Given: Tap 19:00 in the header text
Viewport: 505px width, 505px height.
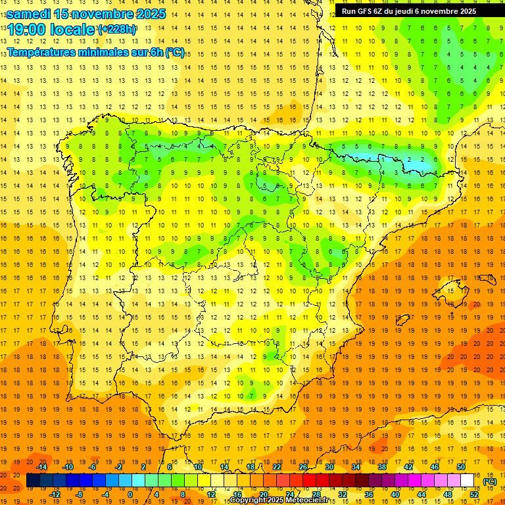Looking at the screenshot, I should click(30, 30).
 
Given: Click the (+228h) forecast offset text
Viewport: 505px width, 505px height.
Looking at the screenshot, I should click(117, 30).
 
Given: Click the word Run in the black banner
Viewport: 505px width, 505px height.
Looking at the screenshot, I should click(348, 11).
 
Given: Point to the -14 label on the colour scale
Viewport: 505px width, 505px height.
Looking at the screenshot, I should click(43, 467).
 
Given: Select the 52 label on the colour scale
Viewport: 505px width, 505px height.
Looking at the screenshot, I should click(474, 494).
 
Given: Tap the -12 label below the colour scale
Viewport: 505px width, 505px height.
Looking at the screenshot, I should click(55, 494).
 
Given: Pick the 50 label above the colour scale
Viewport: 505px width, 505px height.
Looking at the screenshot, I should click(461, 467).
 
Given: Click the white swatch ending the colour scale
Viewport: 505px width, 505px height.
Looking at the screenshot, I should click(467, 481).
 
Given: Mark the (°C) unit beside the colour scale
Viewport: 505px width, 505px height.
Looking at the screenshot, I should click(490, 481).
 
